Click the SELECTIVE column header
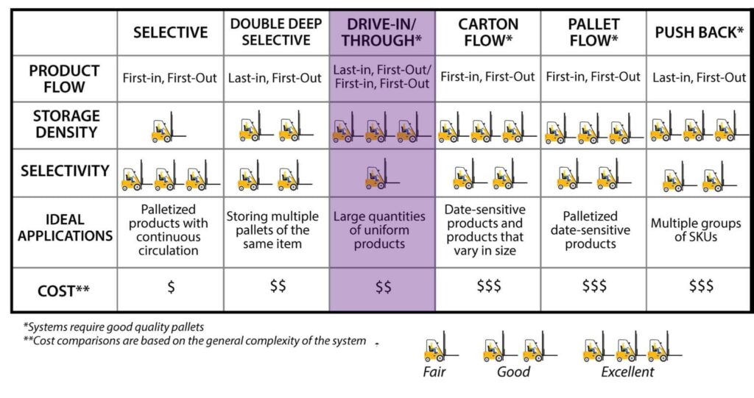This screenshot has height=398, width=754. click(170, 32)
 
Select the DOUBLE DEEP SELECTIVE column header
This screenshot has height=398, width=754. click(276, 32)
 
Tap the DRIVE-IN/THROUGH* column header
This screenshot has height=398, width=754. click(382, 32)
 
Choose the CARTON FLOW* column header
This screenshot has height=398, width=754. click(487, 32)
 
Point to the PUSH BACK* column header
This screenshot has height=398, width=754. click(699, 32)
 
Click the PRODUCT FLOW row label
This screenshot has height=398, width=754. click(64, 78)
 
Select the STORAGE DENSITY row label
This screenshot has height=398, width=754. click(64, 124)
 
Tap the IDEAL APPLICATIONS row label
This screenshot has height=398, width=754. click(64, 227)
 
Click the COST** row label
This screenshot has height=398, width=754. click(64, 291)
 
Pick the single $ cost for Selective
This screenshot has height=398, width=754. click(171, 288)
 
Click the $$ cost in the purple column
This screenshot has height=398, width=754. click(383, 288)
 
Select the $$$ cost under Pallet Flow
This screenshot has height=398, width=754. click(594, 288)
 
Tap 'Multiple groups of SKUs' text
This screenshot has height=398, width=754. click(699, 230)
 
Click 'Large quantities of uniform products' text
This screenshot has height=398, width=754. click(380, 230)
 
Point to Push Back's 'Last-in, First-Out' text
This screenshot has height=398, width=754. click(699, 77)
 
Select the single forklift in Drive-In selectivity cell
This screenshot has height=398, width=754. click(379, 174)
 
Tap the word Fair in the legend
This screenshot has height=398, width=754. click(434, 372)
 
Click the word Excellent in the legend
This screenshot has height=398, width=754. click(627, 372)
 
